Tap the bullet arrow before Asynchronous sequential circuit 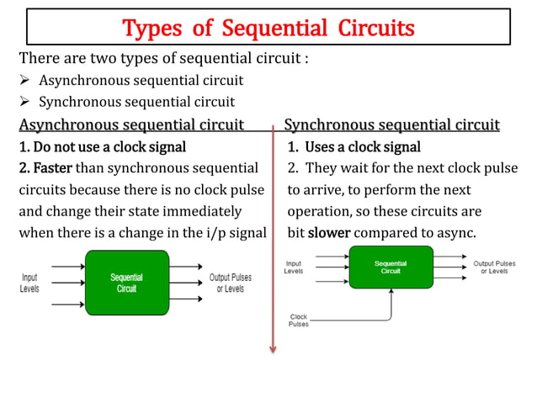25,81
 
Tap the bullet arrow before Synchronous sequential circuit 25,103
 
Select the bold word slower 329,232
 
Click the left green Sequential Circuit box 126,283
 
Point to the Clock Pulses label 299,320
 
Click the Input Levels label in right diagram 294,267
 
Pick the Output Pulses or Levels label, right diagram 494,267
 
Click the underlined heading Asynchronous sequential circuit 131,125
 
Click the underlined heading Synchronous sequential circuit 392,125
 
